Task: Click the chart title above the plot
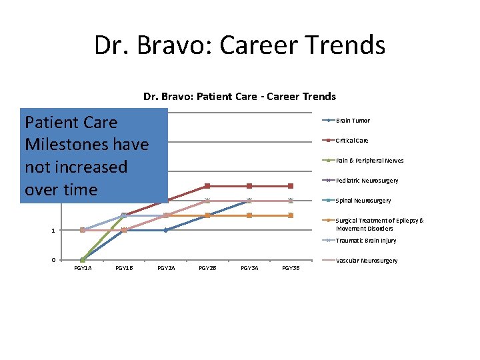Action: tap(239, 97)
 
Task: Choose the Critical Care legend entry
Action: tap(352, 141)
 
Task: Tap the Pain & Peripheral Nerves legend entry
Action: tap(369, 161)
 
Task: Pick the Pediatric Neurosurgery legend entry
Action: tap(367, 181)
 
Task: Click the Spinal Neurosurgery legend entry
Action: tap(363, 201)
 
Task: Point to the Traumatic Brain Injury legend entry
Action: tap(365, 241)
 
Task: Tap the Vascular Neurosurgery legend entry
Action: tap(366, 261)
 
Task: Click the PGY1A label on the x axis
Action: tap(83, 268)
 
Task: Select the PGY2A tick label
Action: tap(166, 268)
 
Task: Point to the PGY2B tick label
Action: tap(207, 268)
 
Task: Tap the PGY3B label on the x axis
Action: tap(291, 268)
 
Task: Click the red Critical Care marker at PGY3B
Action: tap(291, 186)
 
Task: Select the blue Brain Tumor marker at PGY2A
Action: tap(166, 230)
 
